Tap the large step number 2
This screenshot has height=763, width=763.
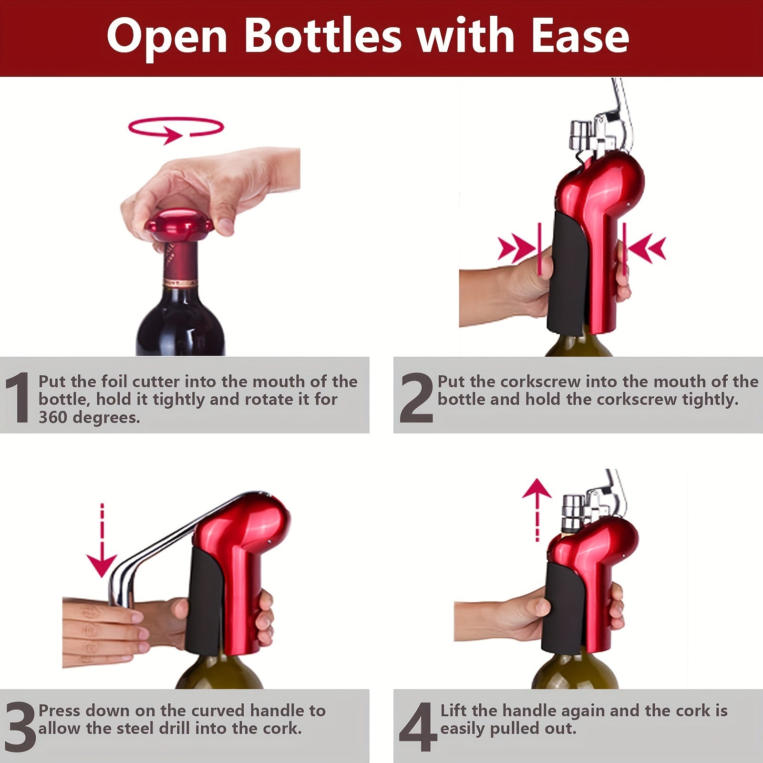click(x=416, y=398)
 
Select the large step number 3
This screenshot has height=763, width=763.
click(x=19, y=727)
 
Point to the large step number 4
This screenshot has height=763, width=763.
click(x=418, y=727)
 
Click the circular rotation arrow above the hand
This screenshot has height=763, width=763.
click(x=175, y=129)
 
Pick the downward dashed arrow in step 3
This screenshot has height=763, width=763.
click(x=102, y=541)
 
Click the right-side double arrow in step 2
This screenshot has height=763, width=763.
click(x=648, y=248)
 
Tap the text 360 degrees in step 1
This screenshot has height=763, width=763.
click(x=89, y=417)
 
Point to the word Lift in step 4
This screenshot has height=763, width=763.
click(x=455, y=711)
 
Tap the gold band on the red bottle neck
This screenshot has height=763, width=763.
click(x=180, y=283)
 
